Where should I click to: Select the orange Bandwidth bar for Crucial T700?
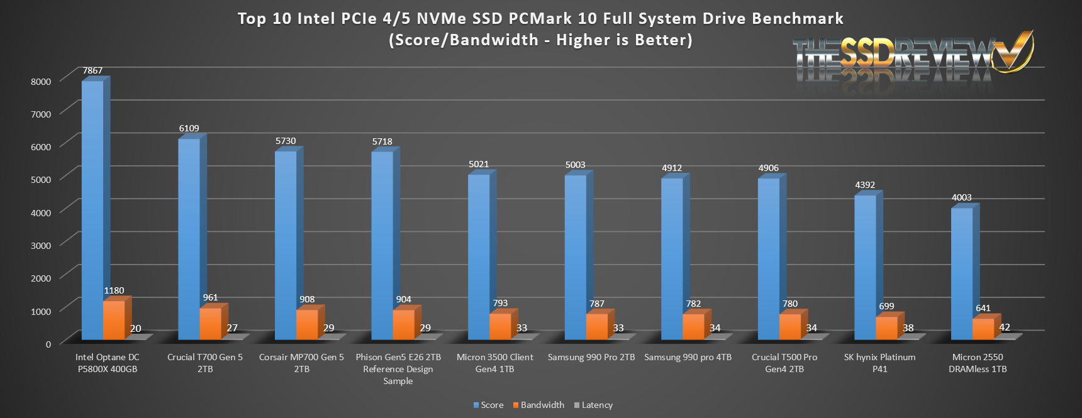click(x=210, y=323)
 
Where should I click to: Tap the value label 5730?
click(x=286, y=141)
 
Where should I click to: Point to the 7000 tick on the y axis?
click(x=40, y=114)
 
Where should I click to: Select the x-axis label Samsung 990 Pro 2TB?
click(x=591, y=357)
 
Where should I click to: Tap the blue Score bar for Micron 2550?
click(x=962, y=273)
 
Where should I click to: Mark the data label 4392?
click(x=865, y=185)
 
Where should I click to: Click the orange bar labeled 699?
click(x=886, y=327)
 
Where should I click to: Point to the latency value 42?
click(x=1005, y=327)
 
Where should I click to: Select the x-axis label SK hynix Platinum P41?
click(x=879, y=363)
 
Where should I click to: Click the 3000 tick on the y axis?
click(x=40, y=245)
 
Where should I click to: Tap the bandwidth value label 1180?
click(x=114, y=290)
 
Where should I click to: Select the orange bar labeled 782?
click(x=693, y=326)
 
